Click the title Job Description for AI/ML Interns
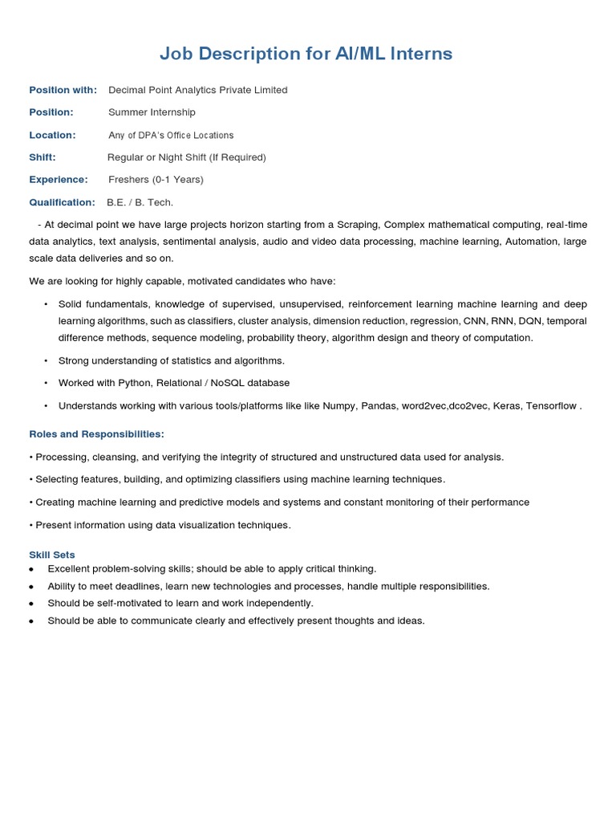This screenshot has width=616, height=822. point(306,54)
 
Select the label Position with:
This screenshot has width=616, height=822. point(63,90)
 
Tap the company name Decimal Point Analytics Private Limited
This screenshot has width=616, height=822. point(197,90)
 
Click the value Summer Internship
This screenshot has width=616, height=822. point(152,112)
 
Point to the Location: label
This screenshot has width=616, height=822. point(52,135)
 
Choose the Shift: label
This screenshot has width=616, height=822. point(43,157)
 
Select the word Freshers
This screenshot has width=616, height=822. point(128,180)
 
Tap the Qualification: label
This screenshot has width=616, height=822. point(62,202)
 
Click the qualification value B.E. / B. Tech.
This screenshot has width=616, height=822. point(140,202)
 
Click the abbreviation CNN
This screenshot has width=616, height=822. point(474,321)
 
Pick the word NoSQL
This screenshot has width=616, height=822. point(229,383)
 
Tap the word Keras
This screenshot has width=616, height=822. point(505,406)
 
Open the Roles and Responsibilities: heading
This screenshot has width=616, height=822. point(96,434)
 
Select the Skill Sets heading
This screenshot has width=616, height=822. point(52,555)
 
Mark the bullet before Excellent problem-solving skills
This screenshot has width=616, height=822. point(31,569)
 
